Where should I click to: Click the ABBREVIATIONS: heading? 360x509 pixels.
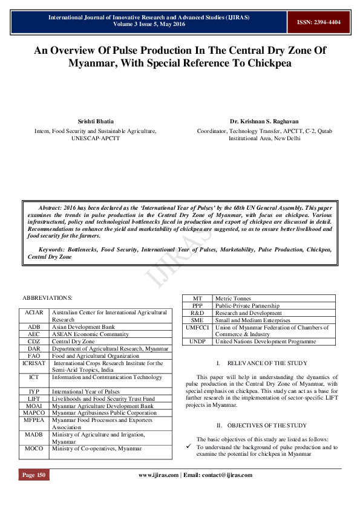coord(47,298)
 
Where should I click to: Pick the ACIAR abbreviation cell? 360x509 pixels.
coord(34,313)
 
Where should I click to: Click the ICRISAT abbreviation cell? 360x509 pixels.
coord(34,363)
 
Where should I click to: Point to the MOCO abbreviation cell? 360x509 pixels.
coord(34,448)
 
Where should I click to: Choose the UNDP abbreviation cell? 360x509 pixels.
coord(197,342)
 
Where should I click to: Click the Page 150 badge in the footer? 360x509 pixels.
coord(34,475)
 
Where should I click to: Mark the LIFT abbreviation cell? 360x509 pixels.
coord(34,398)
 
